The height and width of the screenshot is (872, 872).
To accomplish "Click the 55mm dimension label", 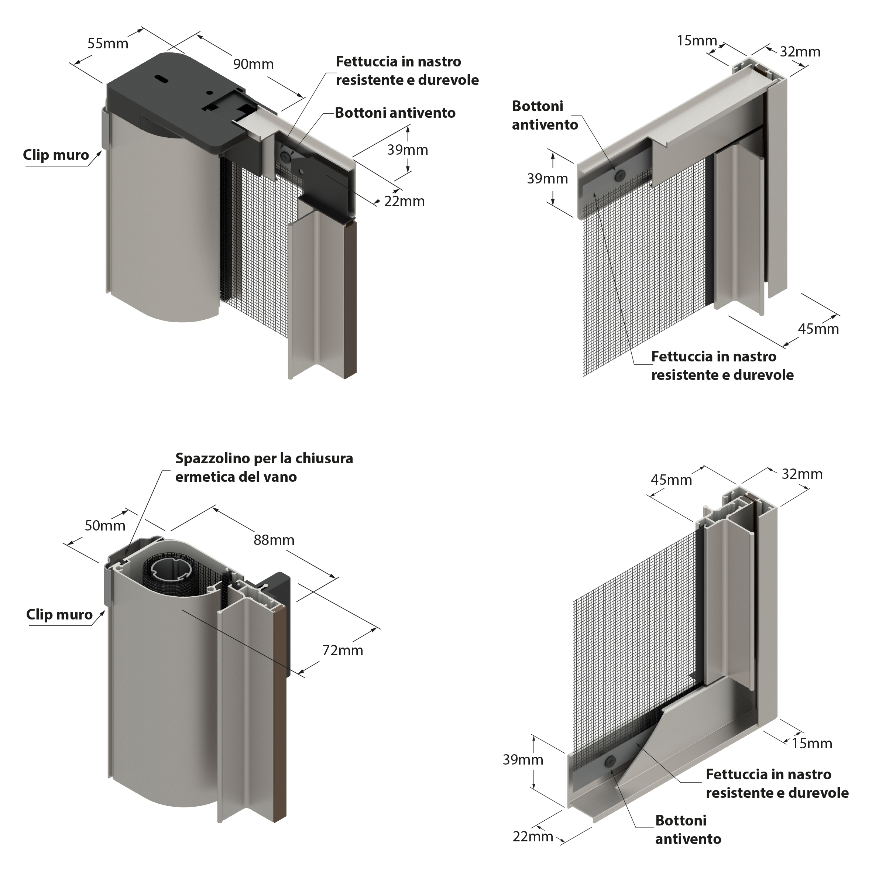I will coord(108,44).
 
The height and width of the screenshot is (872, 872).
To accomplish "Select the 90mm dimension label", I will coord(253,64).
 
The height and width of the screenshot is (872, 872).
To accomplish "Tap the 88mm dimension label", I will coord(274,540).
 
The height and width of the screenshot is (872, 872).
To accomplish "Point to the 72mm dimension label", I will coord(343,650).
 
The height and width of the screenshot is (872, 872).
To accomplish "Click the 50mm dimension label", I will coord(105,525).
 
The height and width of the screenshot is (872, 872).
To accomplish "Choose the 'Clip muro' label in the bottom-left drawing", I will coord(59,614).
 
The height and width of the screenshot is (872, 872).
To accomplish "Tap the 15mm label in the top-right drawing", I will coord(697,41).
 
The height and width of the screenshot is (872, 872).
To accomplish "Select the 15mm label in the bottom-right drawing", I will coord(812,744).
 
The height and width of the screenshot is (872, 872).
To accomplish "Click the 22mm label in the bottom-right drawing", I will coord(533,836).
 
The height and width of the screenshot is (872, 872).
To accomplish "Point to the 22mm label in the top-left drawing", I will coord(404,201).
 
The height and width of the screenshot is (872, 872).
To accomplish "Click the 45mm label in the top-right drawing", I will coord(818,329).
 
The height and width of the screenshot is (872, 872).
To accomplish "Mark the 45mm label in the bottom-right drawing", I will coord(671,480).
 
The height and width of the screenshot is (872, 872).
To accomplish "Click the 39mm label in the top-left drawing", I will coord(408,150).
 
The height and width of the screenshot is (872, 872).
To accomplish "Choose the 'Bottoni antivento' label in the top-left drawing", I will coord(395,113).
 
